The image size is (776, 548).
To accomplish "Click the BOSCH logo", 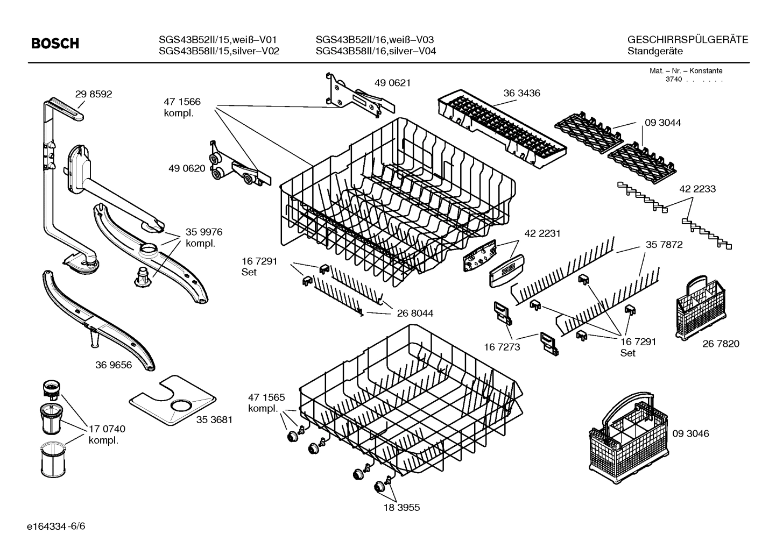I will point(55,44).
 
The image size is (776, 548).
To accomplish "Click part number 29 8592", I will point(94,94).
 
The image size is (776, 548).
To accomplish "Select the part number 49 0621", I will point(392,83).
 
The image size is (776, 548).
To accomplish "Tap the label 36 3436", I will point(521,93).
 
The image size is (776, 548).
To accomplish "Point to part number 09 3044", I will point(662,123).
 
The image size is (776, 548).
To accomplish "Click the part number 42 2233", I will point(697,189).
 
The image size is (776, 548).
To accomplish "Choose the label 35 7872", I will point(664,245).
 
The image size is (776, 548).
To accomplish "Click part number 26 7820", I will point(721,344).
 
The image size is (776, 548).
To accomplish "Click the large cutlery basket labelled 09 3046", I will point(627,436).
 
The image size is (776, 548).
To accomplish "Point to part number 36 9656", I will point(114,365).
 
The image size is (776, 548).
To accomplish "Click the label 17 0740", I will point(107,429).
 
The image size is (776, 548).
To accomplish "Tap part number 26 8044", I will point(415,313).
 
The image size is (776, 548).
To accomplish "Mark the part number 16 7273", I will point(502,347).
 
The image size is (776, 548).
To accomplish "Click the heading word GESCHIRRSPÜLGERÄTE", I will point(687,40).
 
